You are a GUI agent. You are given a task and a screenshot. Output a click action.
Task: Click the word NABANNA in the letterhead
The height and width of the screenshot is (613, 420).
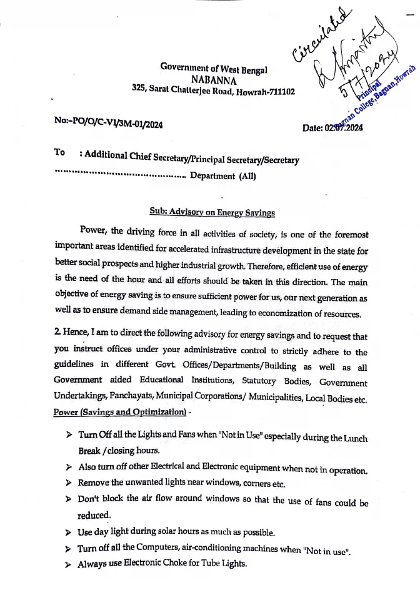pyautogui.click(x=214, y=79)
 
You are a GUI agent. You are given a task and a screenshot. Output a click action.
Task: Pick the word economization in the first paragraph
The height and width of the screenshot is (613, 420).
pyautogui.click(x=262, y=313)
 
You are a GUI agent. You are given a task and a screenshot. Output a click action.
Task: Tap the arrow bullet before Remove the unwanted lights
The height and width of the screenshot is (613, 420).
pyautogui.click(x=69, y=483)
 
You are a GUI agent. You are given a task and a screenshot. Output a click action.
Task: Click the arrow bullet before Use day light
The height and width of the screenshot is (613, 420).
pyautogui.click(x=69, y=532)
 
